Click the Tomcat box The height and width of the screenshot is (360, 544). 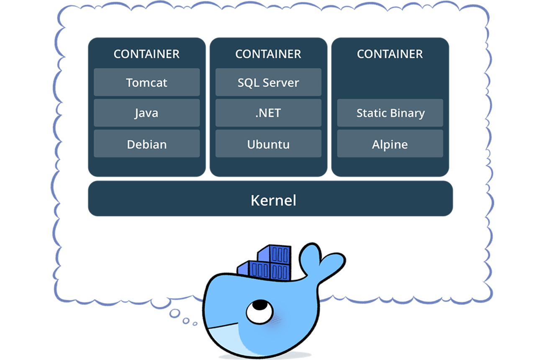point(147,82)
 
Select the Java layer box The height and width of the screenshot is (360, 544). point(147,113)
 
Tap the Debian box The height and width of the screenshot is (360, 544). point(147,144)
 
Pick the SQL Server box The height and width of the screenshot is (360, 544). point(268,82)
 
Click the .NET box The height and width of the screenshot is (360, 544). point(268,113)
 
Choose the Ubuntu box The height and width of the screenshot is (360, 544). point(268,144)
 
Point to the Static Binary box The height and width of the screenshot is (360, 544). point(390,113)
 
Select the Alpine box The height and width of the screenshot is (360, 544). point(390,144)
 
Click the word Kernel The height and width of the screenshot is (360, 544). point(273,201)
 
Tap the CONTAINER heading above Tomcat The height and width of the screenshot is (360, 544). point(147,54)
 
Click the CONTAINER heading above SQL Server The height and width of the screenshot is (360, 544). point(268,54)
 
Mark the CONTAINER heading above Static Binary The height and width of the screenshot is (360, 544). point(390,54)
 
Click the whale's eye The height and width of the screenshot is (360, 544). point(260,312)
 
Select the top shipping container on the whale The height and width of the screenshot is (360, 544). point(275,254)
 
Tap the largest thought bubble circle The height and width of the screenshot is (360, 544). point(175,313)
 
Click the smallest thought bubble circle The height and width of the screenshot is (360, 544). point(195,324)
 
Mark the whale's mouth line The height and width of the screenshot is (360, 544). point(223,326)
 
